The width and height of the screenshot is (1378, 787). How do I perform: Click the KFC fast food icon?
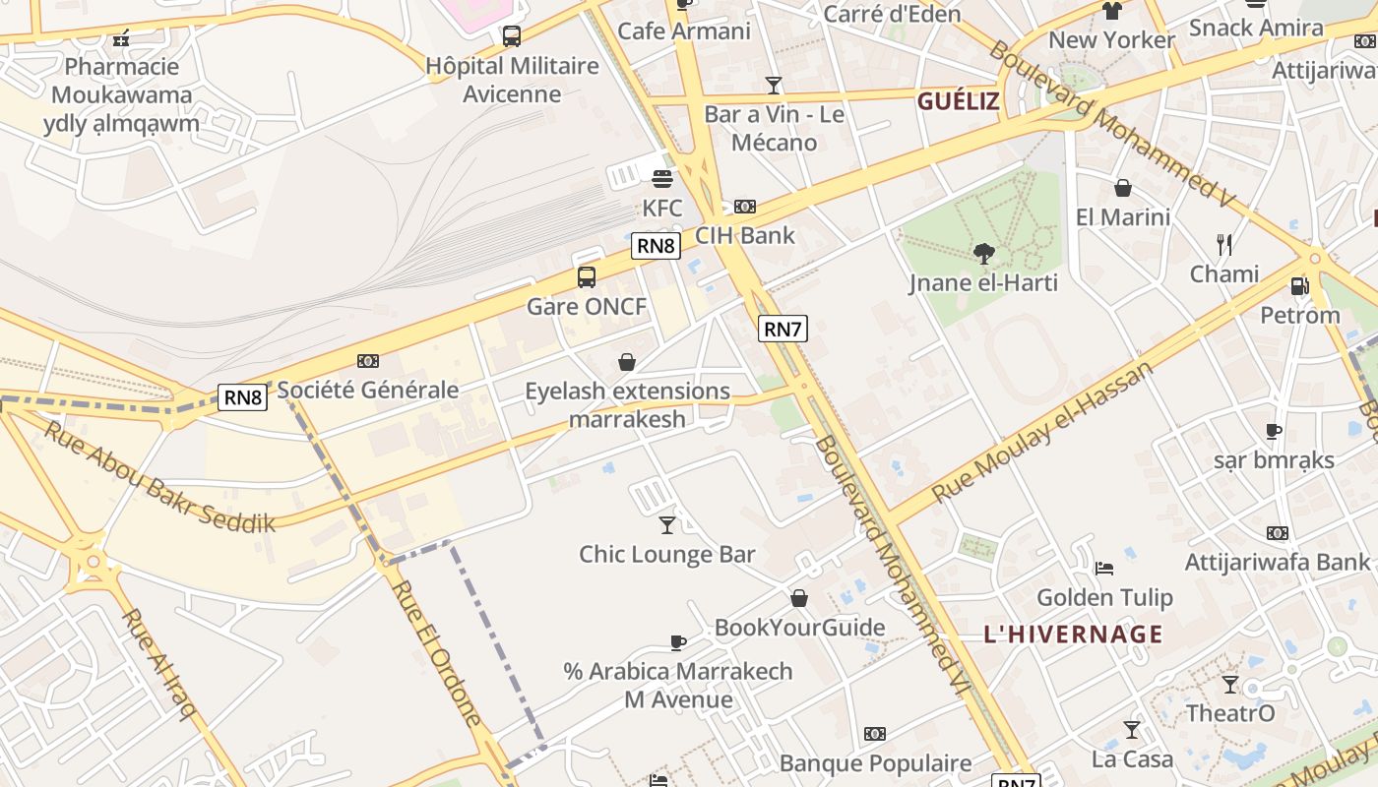point(662,179)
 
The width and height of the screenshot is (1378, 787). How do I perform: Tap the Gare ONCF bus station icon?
point(587,276)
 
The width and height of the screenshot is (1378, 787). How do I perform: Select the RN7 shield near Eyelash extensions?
point(783,329)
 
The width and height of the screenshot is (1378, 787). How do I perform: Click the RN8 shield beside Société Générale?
point(243,397)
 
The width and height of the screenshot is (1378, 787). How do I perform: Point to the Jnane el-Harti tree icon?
point(983,254)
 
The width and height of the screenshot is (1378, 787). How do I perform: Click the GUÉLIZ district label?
point(959,100)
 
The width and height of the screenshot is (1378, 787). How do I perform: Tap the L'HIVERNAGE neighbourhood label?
point(1073,635)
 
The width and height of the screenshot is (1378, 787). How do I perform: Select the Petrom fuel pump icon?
point(1299,286)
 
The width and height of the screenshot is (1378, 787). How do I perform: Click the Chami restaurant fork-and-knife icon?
point(1224,244)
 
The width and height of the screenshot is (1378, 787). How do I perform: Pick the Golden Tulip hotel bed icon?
point(1104,568)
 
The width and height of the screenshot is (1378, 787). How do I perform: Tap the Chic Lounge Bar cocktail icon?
point(667,524)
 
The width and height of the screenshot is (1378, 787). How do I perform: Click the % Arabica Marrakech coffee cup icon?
point(677,642)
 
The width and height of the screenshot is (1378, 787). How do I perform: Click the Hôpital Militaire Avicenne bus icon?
point(512,36)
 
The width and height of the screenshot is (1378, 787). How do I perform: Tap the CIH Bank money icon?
point(745,207)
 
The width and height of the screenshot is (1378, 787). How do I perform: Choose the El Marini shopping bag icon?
point(1123,188)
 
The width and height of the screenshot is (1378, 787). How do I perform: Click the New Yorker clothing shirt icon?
point(1112,11)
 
